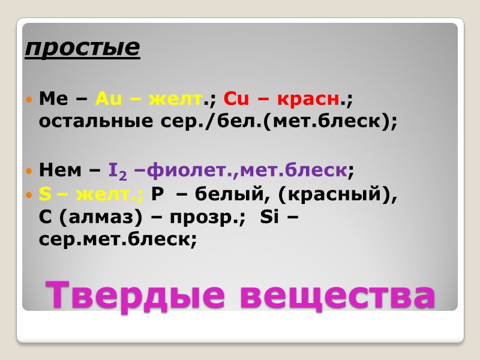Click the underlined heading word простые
(x=82, y=48)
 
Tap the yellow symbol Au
(x=108, y=98)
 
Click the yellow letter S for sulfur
(x=44, y=194)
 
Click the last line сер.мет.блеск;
(x=117, y=239)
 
